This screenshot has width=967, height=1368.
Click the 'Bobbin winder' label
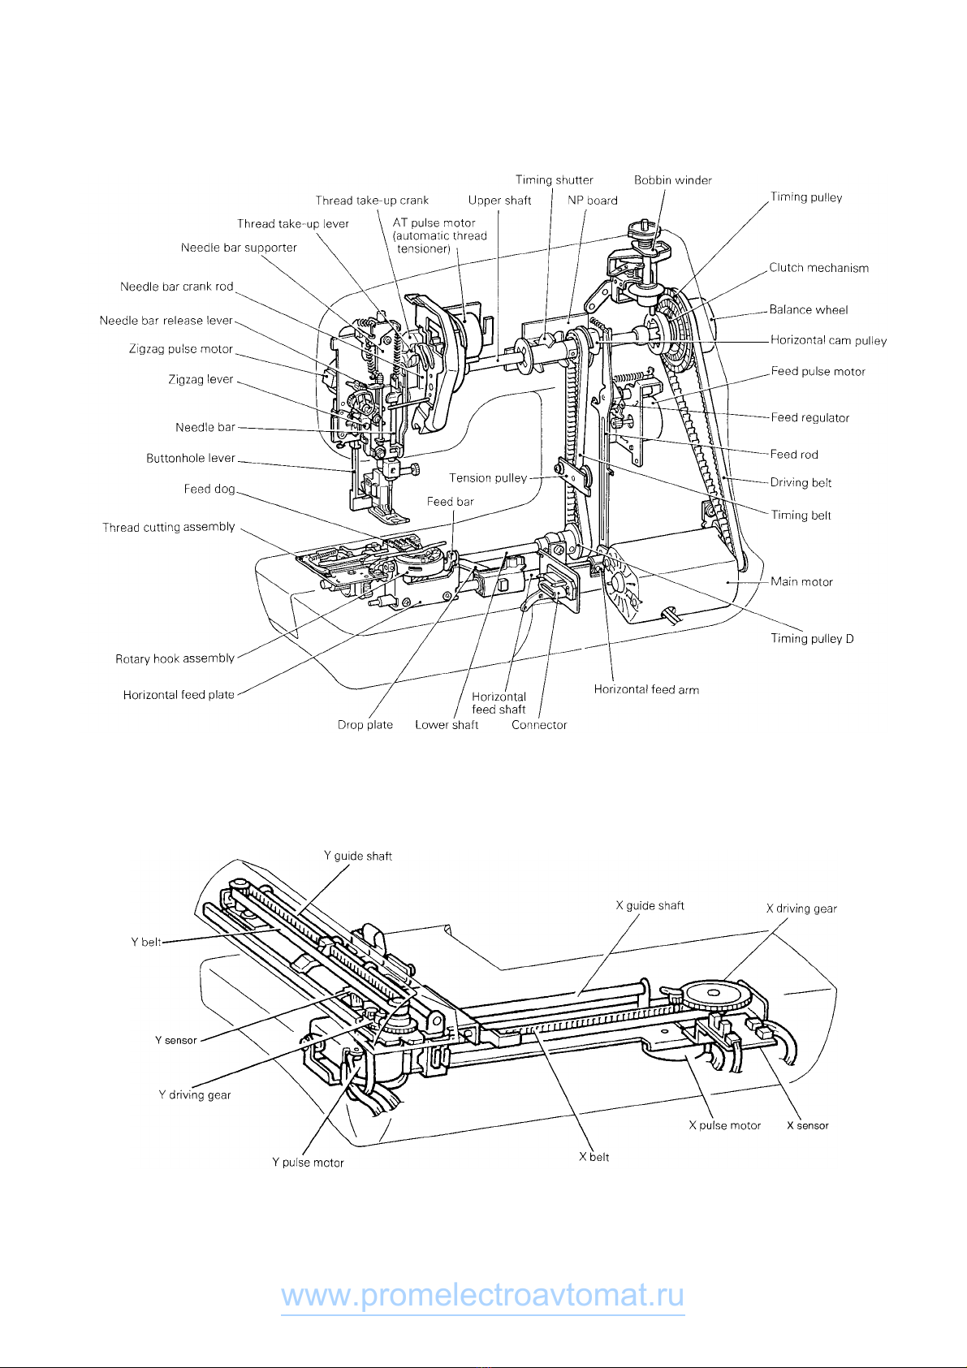tap(672, 180)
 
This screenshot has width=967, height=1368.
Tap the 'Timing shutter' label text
tap(554, 179)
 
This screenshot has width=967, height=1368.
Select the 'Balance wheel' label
tap(808, 309)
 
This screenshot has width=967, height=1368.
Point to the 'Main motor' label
tap(801, 581)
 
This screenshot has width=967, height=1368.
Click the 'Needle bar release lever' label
tap(166, 320)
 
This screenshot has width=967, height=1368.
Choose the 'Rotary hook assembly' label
tap(175, 658)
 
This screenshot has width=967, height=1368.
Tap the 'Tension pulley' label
tap(488, 477)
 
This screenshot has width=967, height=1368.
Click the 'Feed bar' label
tap(450, 502)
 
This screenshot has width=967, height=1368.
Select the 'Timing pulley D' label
tap(812, 639)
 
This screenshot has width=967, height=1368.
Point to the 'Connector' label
tap(539, 725)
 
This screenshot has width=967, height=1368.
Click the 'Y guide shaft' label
tap(358, 857)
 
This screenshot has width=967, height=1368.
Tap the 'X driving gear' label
tap(801, 908)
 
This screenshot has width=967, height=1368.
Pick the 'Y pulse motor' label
tap(308, 1163)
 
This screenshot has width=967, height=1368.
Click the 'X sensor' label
tap(808, 1125)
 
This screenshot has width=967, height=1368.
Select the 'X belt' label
tap(594, 1157)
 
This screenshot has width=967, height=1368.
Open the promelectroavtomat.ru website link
tap(482, 1294)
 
